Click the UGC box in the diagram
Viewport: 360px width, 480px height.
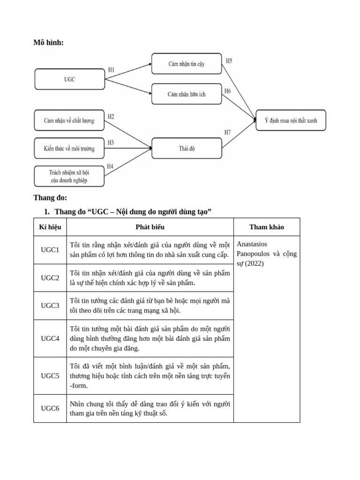(x=69, y=79)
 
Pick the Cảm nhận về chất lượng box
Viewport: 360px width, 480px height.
(x=69, y=120)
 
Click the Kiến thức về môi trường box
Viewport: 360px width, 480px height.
(x=69, y=149)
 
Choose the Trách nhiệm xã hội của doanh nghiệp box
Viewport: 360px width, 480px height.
(x=69, y=176)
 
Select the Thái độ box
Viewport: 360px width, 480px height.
(x=187, y=149)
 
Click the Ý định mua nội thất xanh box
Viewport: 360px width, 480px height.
(x=291, y=120)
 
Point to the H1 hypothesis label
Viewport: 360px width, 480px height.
(x=111, y=70)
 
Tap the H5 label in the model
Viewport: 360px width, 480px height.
(x=229, y=61)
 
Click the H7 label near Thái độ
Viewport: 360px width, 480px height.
(x=228, y=133)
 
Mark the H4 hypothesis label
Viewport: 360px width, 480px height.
(x=110, y=166)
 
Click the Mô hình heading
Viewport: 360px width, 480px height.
(x=48, y=43)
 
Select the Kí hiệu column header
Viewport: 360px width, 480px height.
(x=50, y=227)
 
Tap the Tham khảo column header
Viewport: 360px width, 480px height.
(x=266, y=227)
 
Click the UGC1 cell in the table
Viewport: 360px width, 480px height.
(x=50, y=250)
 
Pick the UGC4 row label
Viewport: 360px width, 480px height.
(x=50, y=338)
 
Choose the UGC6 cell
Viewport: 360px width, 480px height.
(x=50, y=408)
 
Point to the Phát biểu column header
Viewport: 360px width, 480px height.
(x=150, y=227)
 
